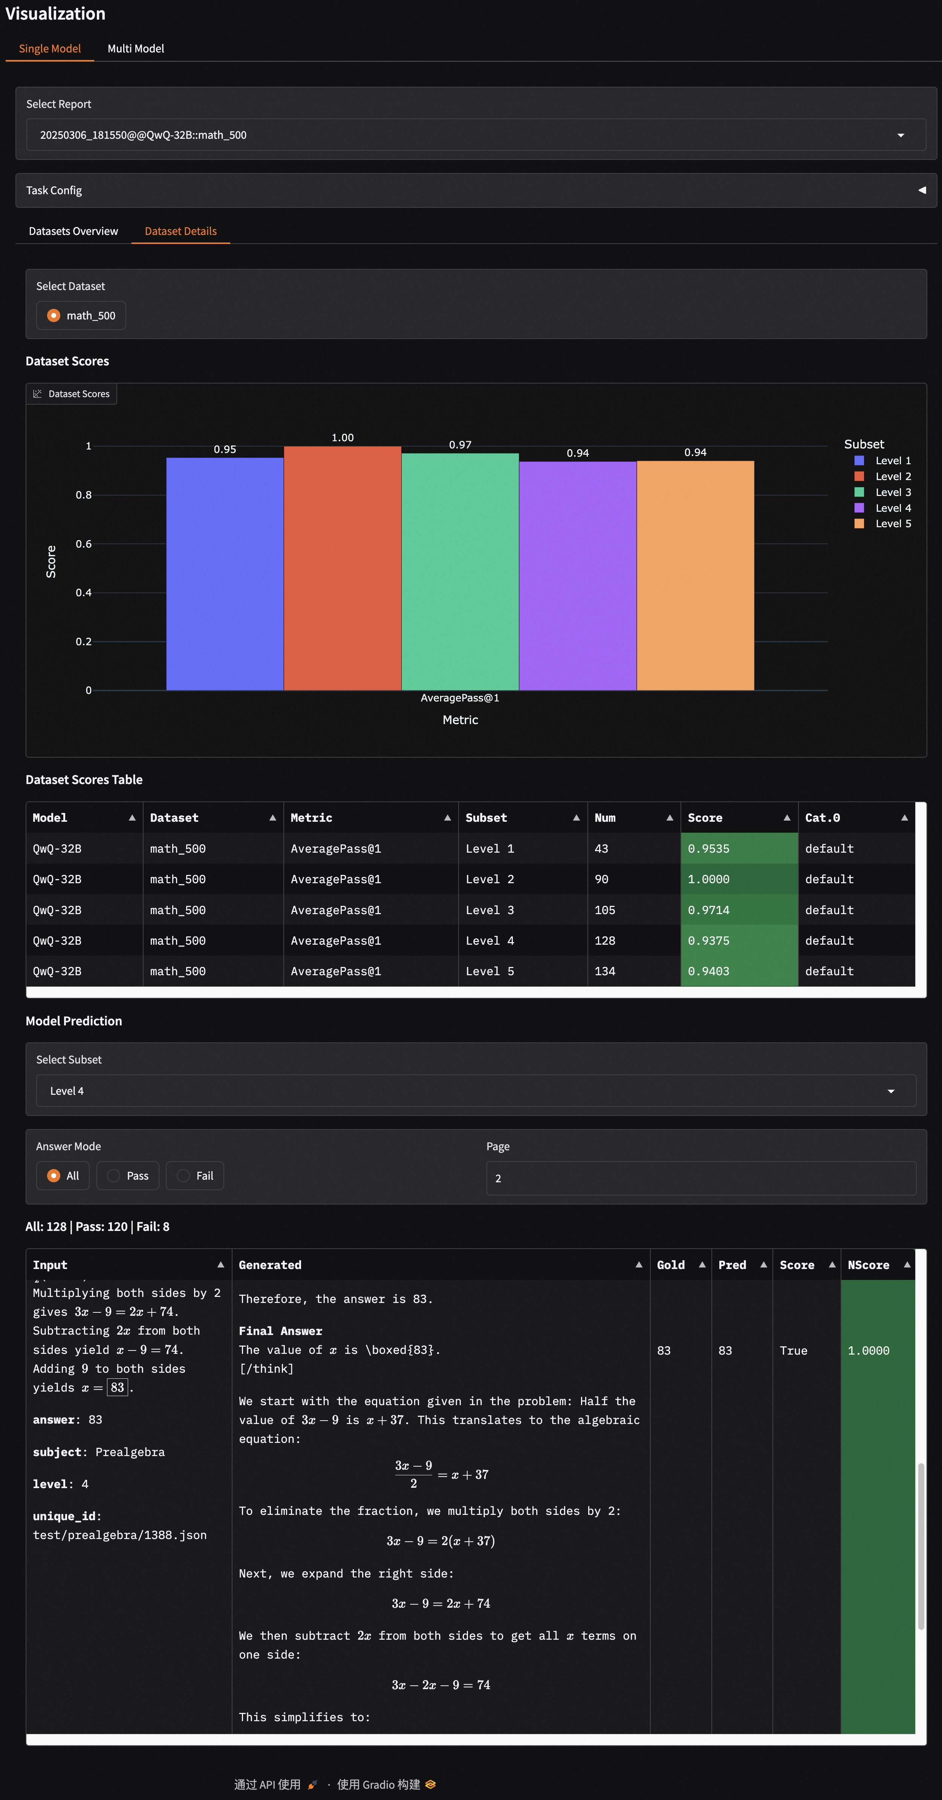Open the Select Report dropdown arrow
900,135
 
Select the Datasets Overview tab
73,231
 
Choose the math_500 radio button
54,316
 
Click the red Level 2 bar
342,568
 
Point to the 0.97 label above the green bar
460,445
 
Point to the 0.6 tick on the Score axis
84,544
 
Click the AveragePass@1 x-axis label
459,698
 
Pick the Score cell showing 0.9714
709,910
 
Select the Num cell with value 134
605,971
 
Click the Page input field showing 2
700,1178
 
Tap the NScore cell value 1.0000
869,1351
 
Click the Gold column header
671,1265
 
